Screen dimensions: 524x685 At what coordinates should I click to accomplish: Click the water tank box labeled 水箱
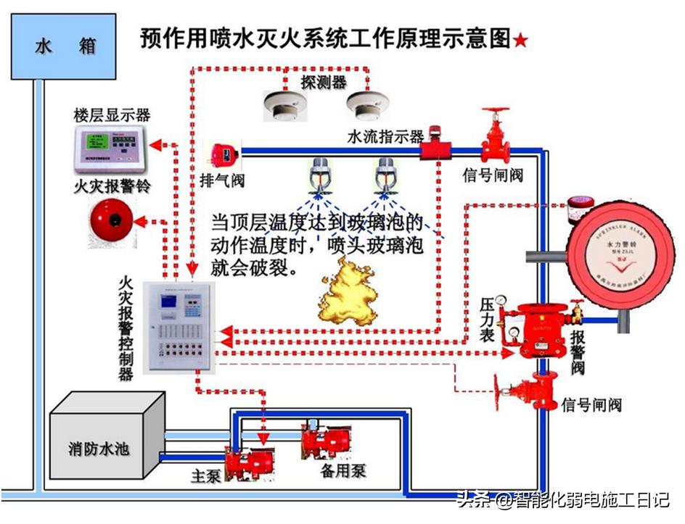[x=65, y=47]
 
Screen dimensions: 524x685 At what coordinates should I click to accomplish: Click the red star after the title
[x=520, y=41]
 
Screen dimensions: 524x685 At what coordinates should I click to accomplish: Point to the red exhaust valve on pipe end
[x=221, y=154]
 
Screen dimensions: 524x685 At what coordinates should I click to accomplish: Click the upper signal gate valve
[x=496, y=138]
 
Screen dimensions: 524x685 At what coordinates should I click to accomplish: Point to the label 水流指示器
[x=385, y=136]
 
